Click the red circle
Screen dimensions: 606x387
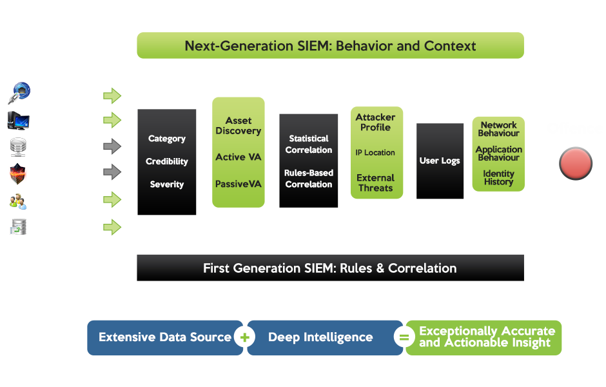tap(576, 164)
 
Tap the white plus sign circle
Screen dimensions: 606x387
tap(244, 337)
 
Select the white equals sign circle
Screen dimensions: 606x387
tap(404, 337)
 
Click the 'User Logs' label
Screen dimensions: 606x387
tap(440, 161)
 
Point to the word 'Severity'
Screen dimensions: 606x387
tap(167, 184)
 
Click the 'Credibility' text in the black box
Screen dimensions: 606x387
tap(167, 161)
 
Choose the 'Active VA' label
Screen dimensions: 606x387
tap(239, 157)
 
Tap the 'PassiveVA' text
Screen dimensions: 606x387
tap(239, 184)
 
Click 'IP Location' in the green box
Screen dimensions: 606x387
tap(375, 153)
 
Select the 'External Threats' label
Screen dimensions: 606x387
tap(376, 183)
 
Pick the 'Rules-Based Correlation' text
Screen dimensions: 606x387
tap(309, 179)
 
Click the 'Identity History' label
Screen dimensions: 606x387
tap(498, 178)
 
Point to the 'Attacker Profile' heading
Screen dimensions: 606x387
tap(376, 122)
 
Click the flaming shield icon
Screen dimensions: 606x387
tap(18, 174)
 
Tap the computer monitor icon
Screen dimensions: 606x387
tap(18, 121)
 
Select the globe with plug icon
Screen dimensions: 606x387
tap(19, 93)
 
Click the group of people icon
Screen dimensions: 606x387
tap(18, 201)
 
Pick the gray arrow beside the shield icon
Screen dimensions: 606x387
tap(112, 172)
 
